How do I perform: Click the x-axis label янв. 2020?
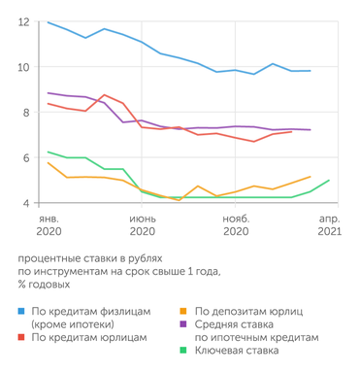point(49,225)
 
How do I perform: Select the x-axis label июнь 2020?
point(143,225)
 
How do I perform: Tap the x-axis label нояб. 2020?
point(236,225)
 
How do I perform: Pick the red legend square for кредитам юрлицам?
point(22,336)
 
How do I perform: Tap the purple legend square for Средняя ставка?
point(186,323)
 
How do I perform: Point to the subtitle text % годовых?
point(44,286)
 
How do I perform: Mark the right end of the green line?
point(330,181)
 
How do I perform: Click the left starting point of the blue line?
point(48,22)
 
